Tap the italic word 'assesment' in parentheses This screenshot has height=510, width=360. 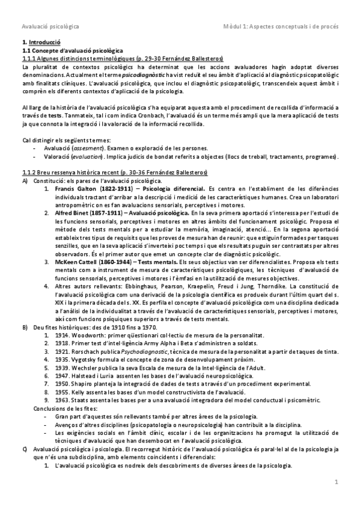click(88, 149)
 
